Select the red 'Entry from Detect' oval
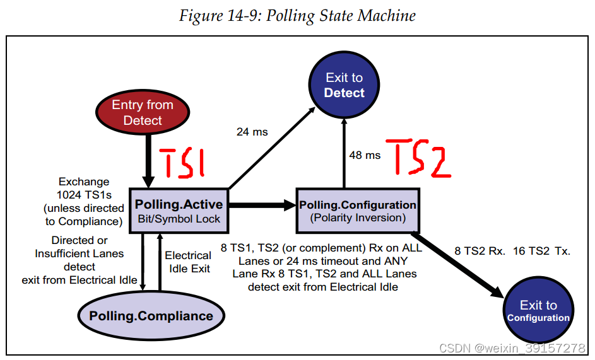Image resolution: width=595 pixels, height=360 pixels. (x=143, y=112)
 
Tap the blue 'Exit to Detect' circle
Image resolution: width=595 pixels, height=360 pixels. (x=344, y=85)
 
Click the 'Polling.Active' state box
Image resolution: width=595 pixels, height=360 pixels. (x=179, y=211)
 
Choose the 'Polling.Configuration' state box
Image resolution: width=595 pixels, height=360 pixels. (x=357, y=211)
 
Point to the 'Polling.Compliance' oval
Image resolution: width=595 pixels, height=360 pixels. (x=151, y=315)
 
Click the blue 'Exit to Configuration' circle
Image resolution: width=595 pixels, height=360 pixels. (x=538, y=311)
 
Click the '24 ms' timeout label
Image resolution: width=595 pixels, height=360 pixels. (x=252, y=132)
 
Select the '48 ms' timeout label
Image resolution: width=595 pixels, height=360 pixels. (x=365, y=154)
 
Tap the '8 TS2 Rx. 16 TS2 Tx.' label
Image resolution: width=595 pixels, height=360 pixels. (x=512, y=251)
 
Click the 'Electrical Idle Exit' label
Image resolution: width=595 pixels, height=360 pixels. (x=188, y=262)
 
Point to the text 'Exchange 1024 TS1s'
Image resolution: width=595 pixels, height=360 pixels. (x=84, y=189)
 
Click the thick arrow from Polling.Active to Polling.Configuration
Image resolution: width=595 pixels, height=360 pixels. (x=262, y=205)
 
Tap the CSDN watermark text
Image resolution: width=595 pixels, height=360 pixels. (x=512, y=348)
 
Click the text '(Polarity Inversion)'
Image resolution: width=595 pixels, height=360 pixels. (x=357, y=218)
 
